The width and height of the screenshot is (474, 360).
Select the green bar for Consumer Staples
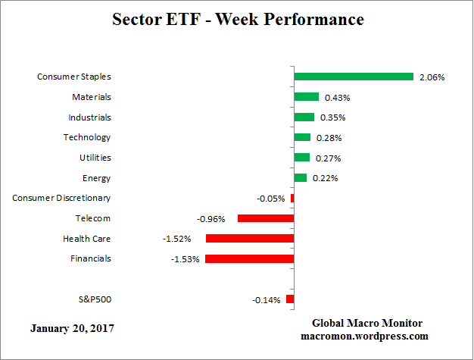(354, 77)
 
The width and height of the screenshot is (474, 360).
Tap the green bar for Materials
(306, 97)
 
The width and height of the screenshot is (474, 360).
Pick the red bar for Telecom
(265, 218)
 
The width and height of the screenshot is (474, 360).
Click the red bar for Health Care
(249, 239)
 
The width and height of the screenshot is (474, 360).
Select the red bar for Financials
(249, 258)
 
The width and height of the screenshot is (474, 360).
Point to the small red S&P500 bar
(290, 299)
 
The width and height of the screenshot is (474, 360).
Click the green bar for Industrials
(304, 117)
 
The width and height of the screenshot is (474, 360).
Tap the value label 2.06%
(432, 77)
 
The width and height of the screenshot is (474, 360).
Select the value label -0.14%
(266, 300)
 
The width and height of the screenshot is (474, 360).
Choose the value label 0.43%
(337, 98)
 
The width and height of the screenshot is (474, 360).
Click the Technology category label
(86, 137)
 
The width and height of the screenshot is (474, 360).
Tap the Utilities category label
(95, 158)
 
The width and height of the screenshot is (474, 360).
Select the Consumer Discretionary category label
(61, 198)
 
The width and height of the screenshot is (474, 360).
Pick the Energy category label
(96, 178)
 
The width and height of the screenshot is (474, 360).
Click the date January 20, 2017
(74, 329)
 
